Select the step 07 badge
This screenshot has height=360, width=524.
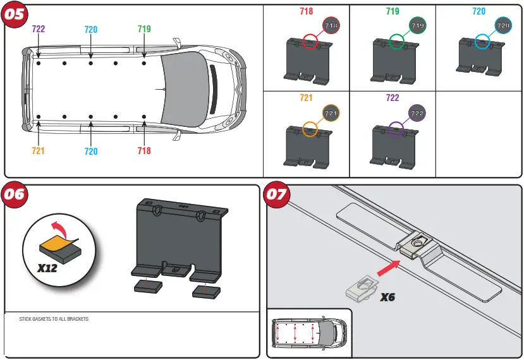(277, 195)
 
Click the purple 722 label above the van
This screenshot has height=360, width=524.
(39, 29)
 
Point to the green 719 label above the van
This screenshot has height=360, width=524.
(144, 29)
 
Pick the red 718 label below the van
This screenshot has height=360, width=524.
(144, 151)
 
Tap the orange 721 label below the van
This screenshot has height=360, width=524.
(39, 151)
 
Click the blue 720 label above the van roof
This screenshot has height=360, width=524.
(91, 29)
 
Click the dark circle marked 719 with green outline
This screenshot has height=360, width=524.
(417, 25)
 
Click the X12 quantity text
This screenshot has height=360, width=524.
(47, 268)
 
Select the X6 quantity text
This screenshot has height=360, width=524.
(387, 297)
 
